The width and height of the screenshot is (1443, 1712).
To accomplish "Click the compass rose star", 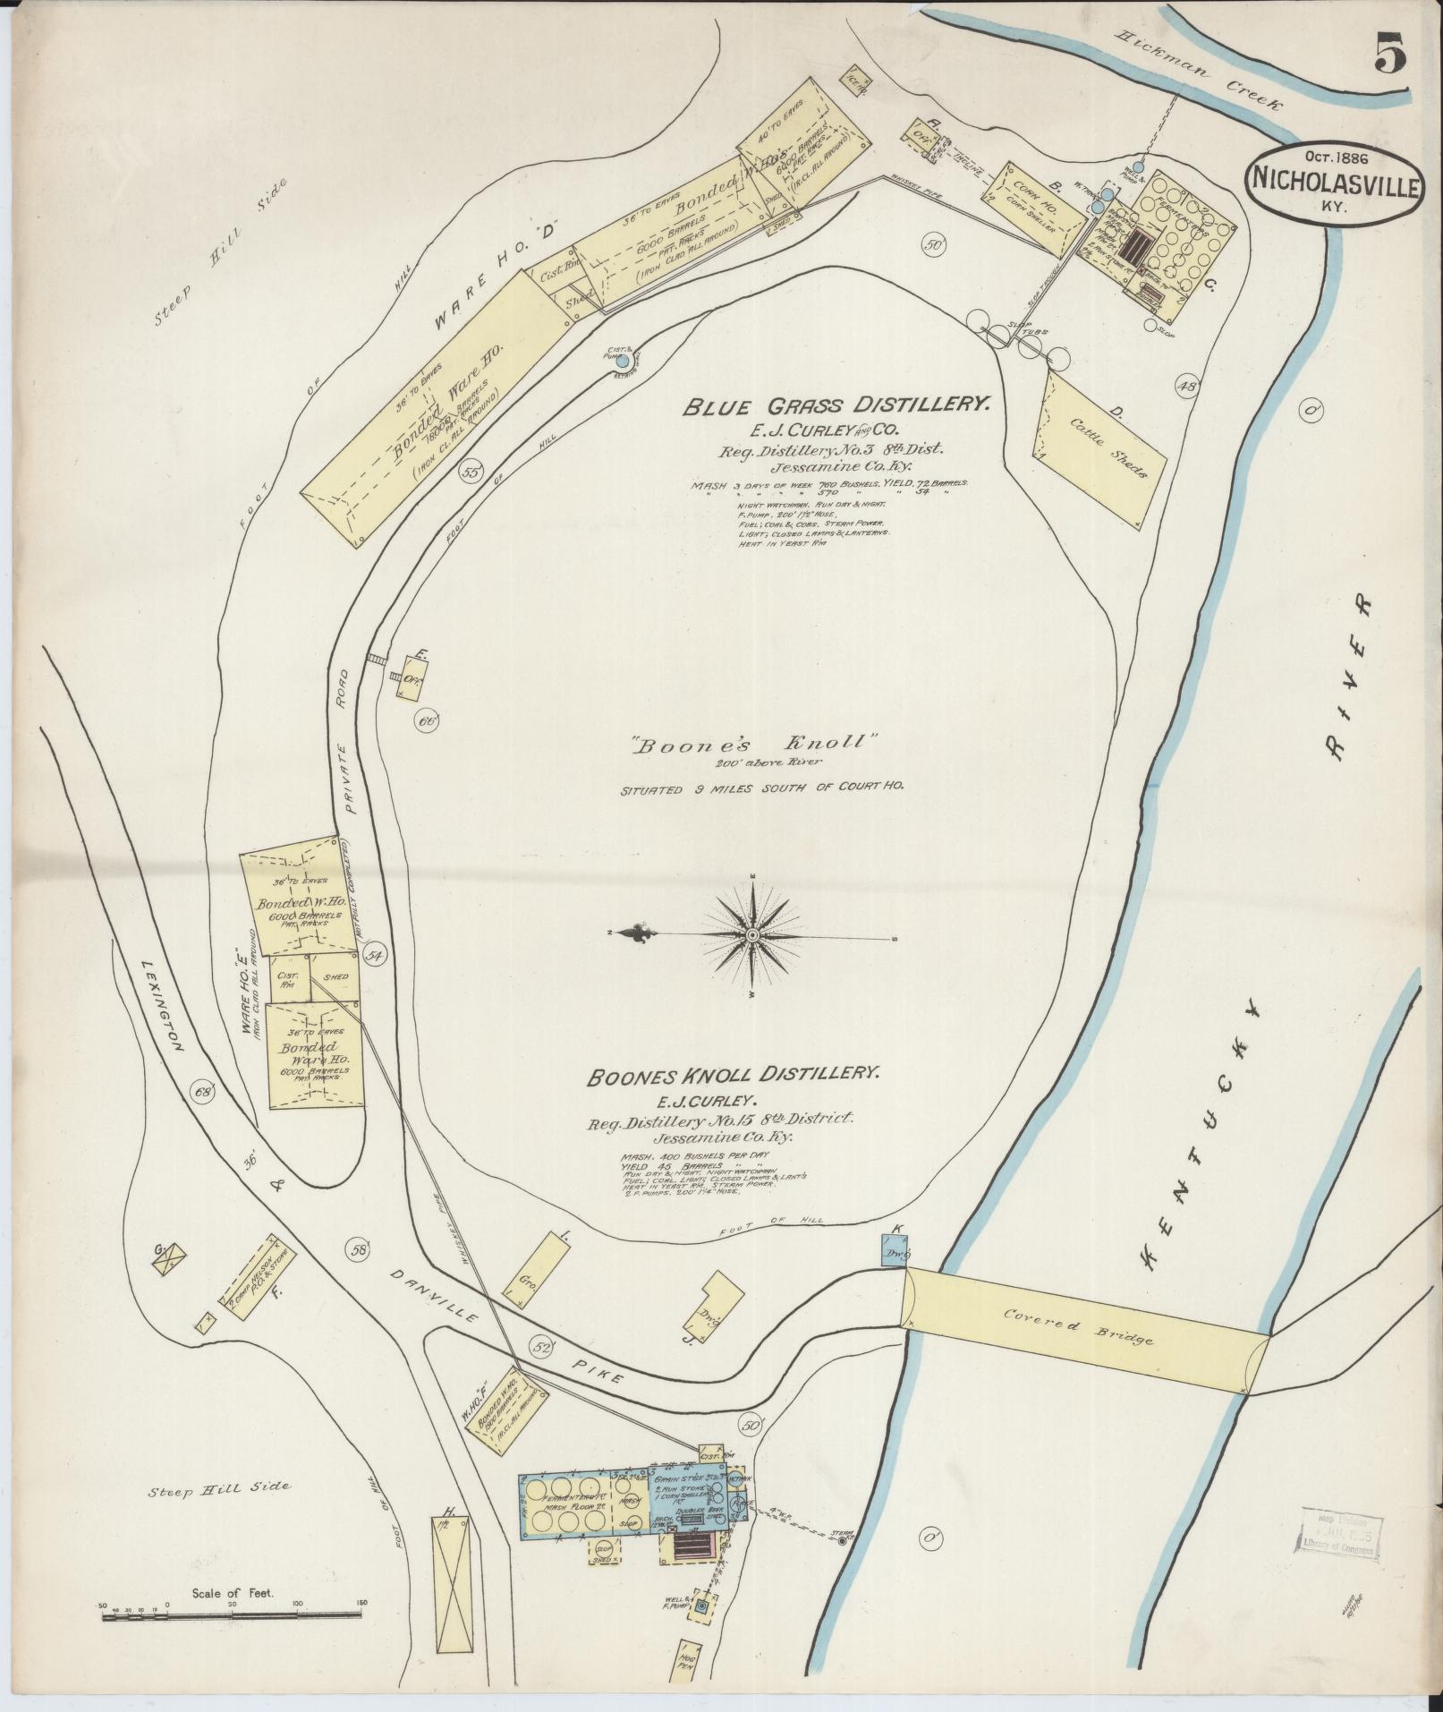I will [752, 935].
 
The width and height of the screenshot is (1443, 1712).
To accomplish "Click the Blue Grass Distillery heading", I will [836, 405].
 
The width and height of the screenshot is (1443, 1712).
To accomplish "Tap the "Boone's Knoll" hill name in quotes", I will [751, 741].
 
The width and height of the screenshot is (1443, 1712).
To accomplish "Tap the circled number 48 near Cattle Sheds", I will [1187, 387].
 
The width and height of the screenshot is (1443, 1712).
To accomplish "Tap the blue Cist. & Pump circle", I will [623, 362].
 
